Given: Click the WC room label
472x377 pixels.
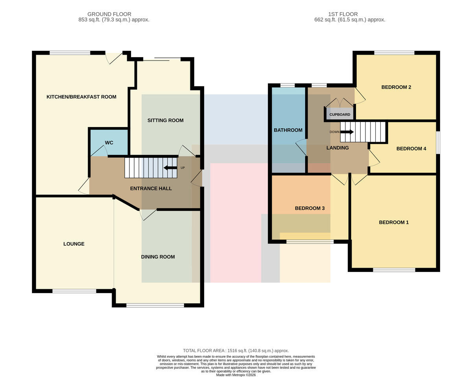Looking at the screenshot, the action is (109, 142).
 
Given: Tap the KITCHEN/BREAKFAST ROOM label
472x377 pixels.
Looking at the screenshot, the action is (81, 97).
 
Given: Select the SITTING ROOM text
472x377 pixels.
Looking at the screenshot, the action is (165, 120).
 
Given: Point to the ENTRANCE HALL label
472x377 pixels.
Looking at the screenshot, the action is (151, 188).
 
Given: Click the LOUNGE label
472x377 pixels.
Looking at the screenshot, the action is (74, 244).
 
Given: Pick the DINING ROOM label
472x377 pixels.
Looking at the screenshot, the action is (158, 257).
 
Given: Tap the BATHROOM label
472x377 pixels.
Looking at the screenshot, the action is (288, 130).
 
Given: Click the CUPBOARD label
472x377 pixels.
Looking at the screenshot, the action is (340, 115).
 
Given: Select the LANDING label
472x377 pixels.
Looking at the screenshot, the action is (337, 148).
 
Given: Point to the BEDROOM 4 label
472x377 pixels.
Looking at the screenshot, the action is (411, 149).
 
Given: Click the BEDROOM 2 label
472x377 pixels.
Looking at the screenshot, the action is (396, 87).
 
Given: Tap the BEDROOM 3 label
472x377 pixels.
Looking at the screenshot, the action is (310, 208).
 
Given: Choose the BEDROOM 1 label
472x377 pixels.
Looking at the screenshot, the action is (394, 222).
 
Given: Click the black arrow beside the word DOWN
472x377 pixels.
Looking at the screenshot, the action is (347, 132).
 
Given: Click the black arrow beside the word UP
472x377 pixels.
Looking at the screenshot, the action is (170, 168).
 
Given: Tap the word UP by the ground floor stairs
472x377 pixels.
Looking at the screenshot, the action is (183, 168).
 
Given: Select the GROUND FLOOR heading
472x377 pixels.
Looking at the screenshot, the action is (109, 14).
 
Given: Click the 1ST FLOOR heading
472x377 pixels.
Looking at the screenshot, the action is (343, 14).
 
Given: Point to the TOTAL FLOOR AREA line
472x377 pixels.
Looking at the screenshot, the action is (236, 351).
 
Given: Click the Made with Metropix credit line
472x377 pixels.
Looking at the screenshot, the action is (236, 375).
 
